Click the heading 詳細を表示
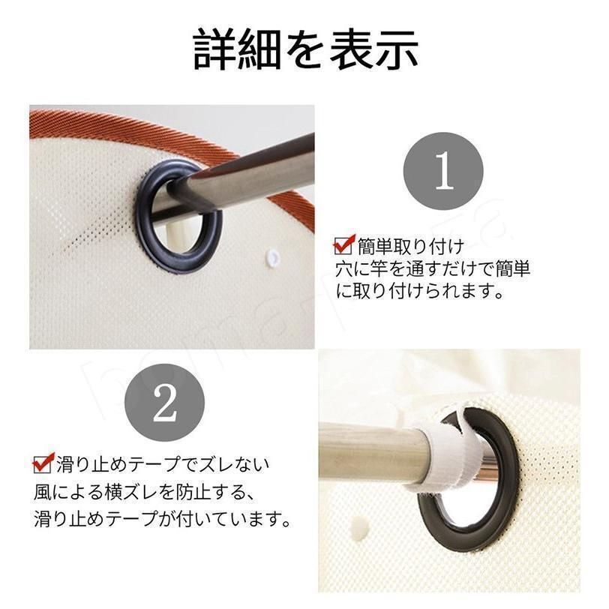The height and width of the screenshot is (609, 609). [306, 50]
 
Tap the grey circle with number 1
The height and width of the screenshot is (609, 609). [443, 171]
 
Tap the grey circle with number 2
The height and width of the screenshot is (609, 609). [164, 404]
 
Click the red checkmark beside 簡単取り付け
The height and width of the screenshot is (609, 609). [344, 244]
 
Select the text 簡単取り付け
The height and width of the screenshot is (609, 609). [411, 246]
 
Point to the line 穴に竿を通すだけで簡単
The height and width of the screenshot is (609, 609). [433, 268]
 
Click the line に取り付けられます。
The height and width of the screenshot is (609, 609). [419, 291]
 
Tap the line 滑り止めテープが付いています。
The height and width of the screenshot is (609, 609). [162, 519]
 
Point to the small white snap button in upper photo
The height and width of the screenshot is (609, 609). [273, 256]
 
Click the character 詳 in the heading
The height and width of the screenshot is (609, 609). [215, 50]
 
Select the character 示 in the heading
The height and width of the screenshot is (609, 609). [397, 50]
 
